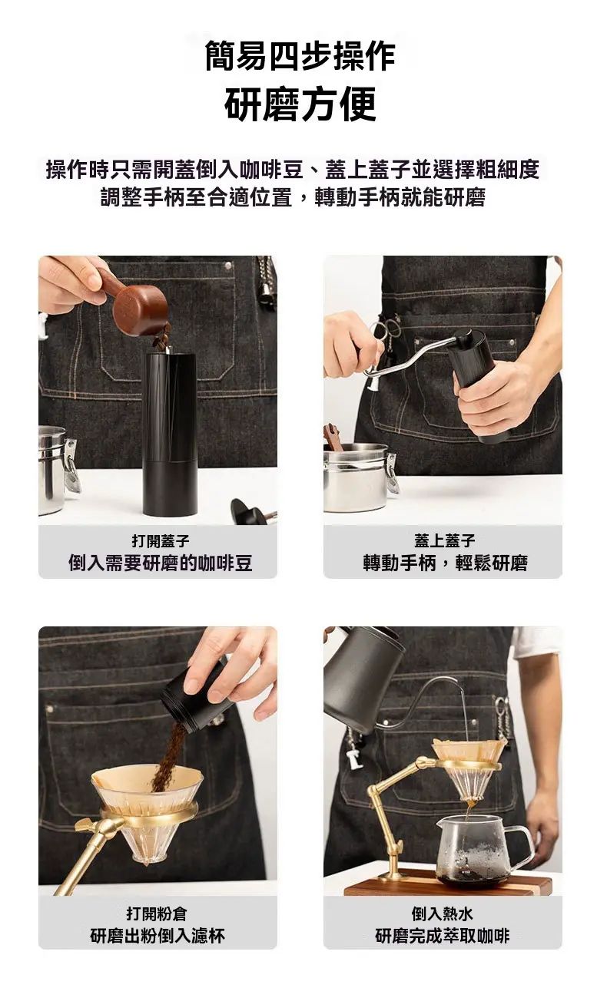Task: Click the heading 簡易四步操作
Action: click(x=300, y=56)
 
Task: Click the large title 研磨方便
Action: click(x=300, y=104)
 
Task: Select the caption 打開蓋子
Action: click(x=161, y=541)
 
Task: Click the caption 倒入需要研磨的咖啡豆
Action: click(x=161, y=563)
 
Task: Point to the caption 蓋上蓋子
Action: click(x=444, y=540)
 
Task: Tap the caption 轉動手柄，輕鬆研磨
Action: click(x=446, y=563)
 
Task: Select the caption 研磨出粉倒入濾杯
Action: click(x=158, y=936)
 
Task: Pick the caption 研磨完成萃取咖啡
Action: click(x=443, y=936)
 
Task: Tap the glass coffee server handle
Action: click(x=523, y=839)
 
